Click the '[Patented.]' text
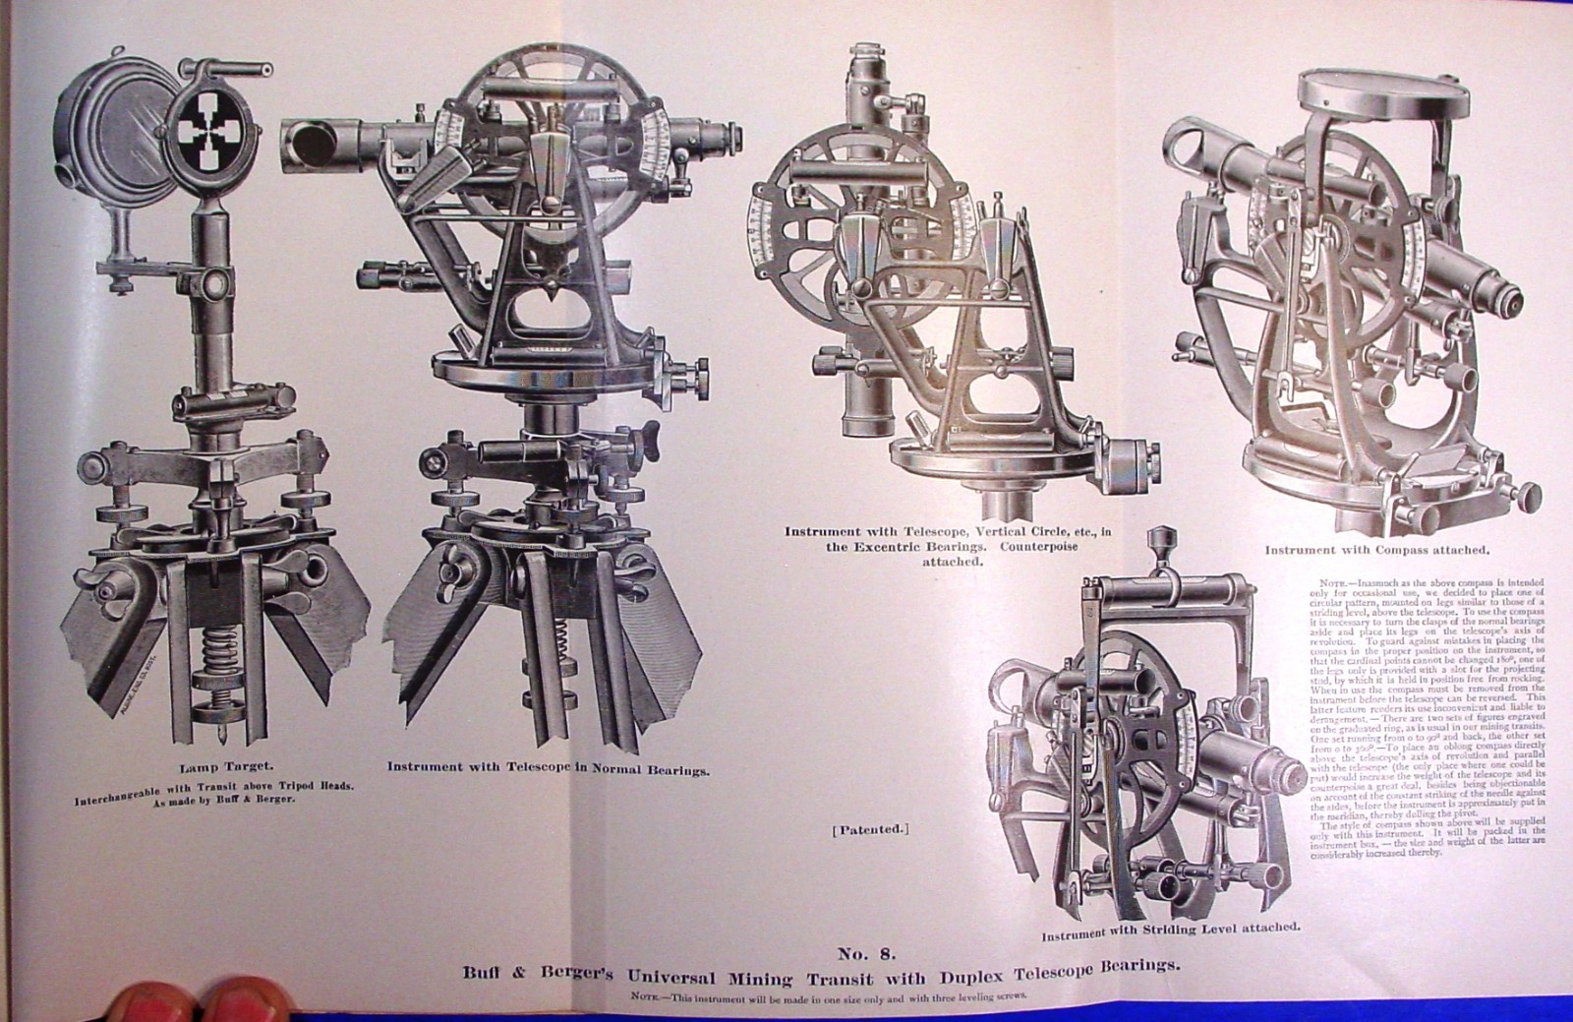871,829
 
